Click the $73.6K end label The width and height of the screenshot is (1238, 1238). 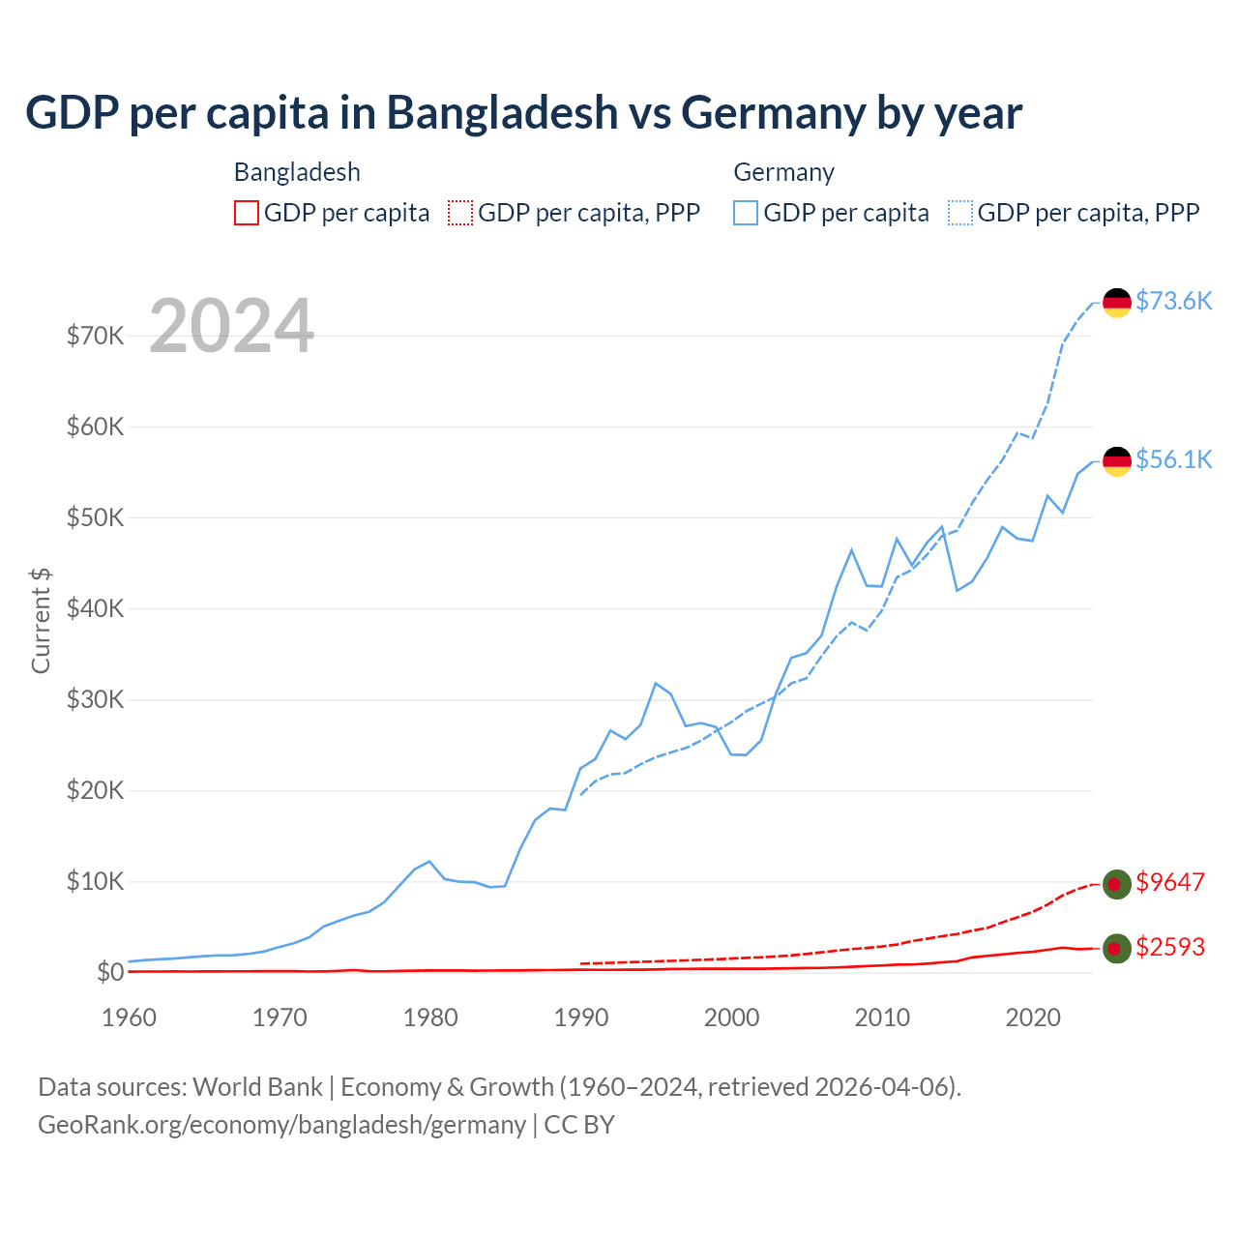click(x=1173, y=301)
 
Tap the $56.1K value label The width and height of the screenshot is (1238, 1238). click(x=1173, y=459)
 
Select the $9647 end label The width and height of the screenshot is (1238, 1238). click(x=1170, y=882)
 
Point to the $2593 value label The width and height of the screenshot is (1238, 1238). click(x=1170, y=947)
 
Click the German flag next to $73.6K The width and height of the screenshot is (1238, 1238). click(x=1117, y=303)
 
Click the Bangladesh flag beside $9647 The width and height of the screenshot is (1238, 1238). click(x=1117, y=884)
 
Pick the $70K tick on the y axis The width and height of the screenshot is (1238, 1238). click(x=95, y=336)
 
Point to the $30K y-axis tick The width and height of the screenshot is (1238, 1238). click(x=95, y=699)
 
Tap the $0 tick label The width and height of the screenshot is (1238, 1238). click(x=110, y=972)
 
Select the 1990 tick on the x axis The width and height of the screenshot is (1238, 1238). click(x=581, y=1017)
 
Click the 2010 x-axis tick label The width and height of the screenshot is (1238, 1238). click(x=882, y=1017)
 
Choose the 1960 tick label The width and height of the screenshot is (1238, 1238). click(x=130, y=1017)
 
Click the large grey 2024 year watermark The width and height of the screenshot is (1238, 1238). click(x=232, y=326)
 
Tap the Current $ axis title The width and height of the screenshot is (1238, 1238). click(x=41, y=621)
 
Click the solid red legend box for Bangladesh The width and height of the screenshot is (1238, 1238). click(x=247, y=213)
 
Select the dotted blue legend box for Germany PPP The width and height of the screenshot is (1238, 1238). click(x=960, y=213)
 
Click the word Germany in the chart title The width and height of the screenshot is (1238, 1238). click(x=773, y=113)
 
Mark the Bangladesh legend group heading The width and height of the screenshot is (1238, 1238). click(x=297, y=172)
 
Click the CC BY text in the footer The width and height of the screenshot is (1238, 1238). click(x=579, y=1125)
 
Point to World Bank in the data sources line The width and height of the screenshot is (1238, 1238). click(x=257, y=1087)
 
